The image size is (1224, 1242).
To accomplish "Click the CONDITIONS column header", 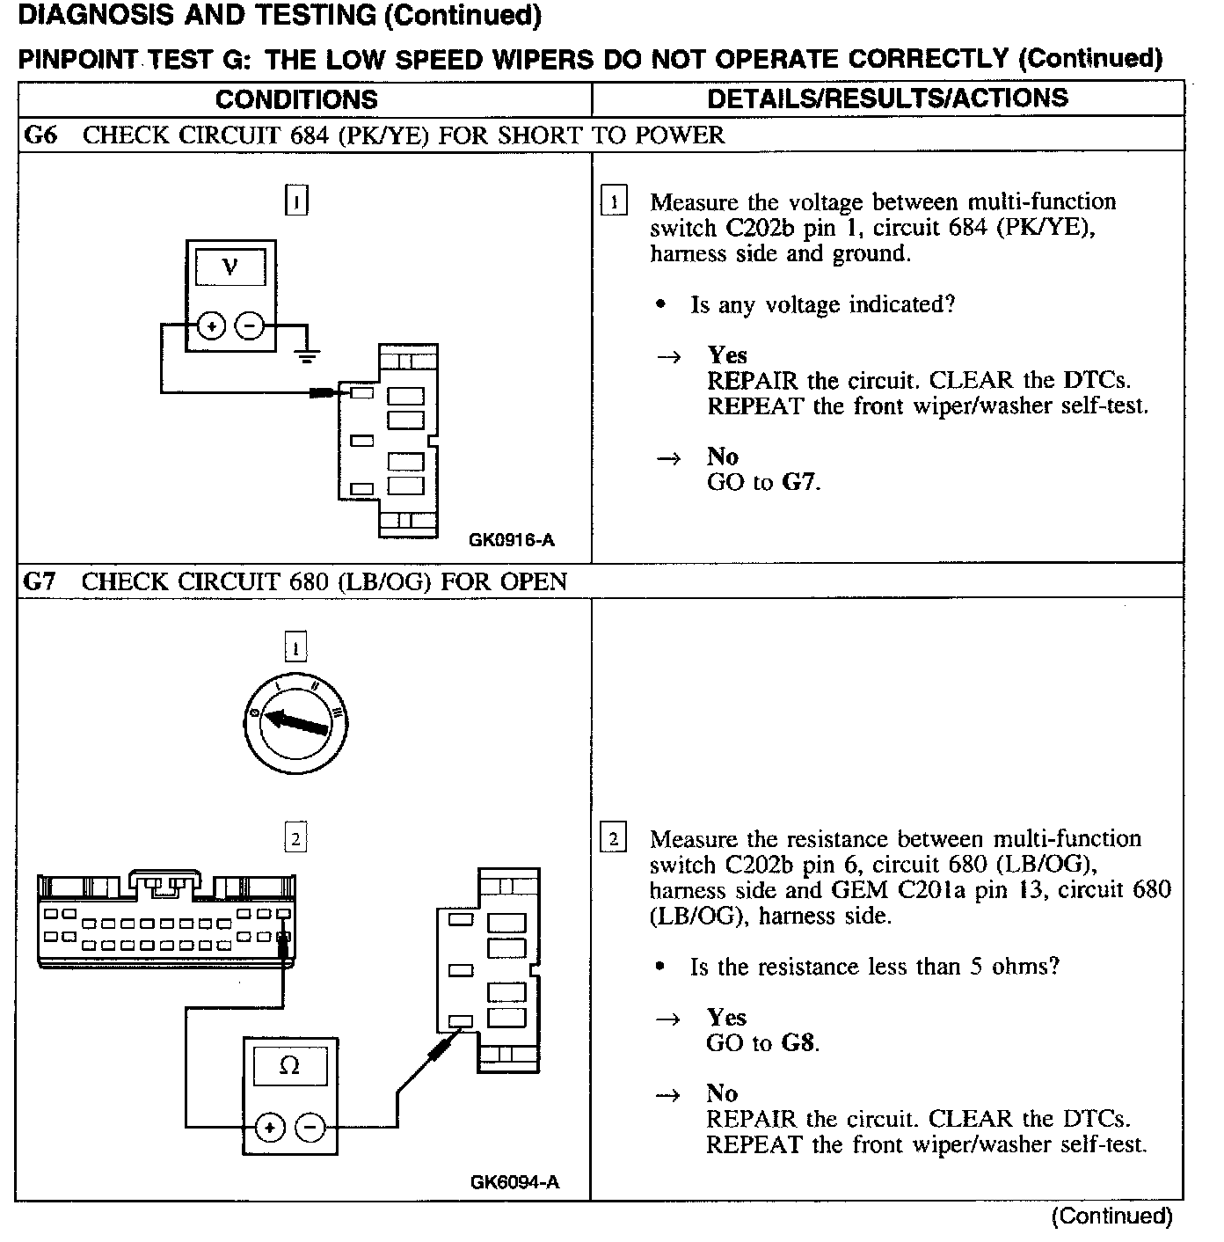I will pos(296,99).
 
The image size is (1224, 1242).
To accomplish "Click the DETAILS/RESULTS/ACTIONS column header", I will pos(887,98).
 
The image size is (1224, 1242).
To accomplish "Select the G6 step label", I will pos(40,135).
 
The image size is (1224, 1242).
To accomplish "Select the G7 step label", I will pos(40,581).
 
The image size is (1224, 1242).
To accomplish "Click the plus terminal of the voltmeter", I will pos(211,326).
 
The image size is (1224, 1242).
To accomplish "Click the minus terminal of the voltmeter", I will pos(250,326).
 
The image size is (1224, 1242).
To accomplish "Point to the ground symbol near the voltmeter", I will pos(306,355).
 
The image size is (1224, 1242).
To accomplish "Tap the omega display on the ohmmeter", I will pos(289,1066).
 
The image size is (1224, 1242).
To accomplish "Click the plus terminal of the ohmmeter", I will pos(270,1127).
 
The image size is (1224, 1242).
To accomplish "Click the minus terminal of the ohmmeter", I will pos(309,1127).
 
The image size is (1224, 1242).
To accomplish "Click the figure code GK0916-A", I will pos(512,540).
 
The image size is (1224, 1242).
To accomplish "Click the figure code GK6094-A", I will pos(514,1182).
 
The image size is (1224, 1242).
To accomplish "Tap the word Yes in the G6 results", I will pos(727,355).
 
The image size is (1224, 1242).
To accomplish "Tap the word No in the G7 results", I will pos(722,1093).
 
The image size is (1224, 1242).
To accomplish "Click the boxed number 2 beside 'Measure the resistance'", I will pos(612,838).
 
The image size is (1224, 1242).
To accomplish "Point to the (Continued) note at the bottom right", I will pos(1111,1216).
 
